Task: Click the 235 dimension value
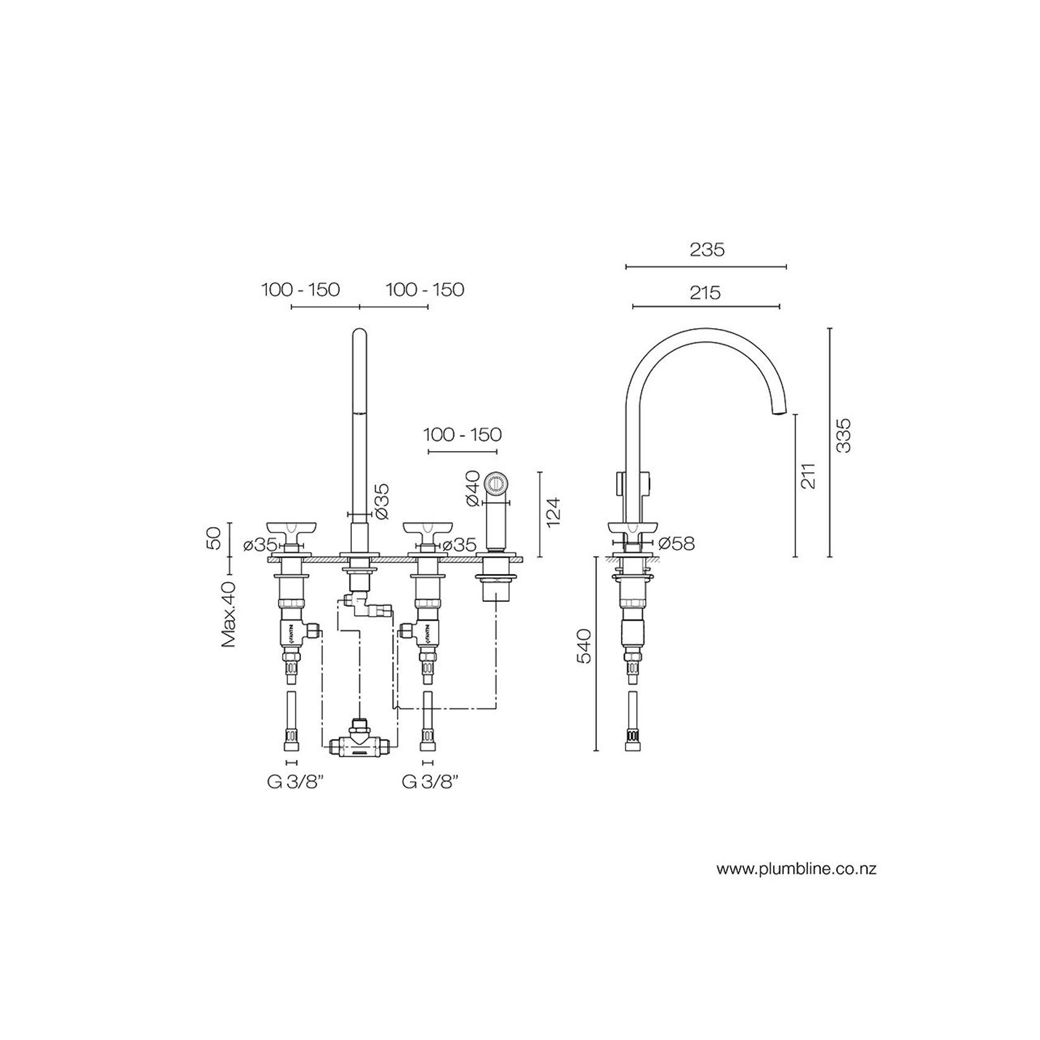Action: point(707,249)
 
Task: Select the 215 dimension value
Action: point(705,292)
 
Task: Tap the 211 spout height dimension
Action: point(809,476)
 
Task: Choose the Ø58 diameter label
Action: point(676,544)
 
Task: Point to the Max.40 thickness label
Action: point(230,614)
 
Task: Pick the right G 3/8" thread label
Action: point(430,782)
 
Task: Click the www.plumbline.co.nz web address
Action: point(796,869)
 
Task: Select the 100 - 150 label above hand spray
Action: point(462,434)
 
